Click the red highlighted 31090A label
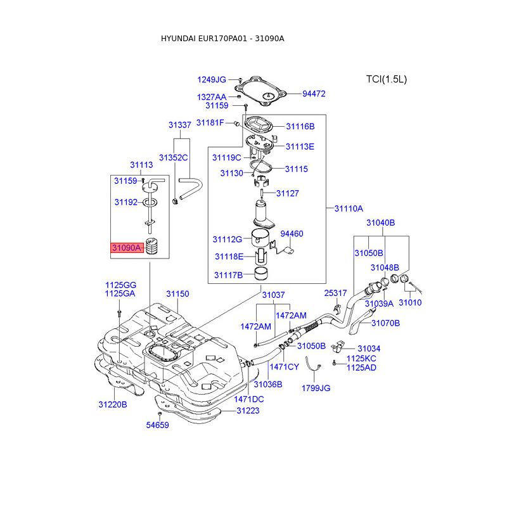127,248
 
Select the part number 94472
314,94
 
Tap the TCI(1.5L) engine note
387,79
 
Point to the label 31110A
349,209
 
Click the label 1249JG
212,80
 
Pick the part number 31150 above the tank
177,294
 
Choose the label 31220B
113,404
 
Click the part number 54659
157,425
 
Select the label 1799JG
316,388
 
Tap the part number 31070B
385,323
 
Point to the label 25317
335,293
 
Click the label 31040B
381,222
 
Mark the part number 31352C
173,157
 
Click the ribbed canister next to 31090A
152,246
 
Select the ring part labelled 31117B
261,274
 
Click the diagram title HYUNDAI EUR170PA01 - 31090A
222,39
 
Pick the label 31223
248,411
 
